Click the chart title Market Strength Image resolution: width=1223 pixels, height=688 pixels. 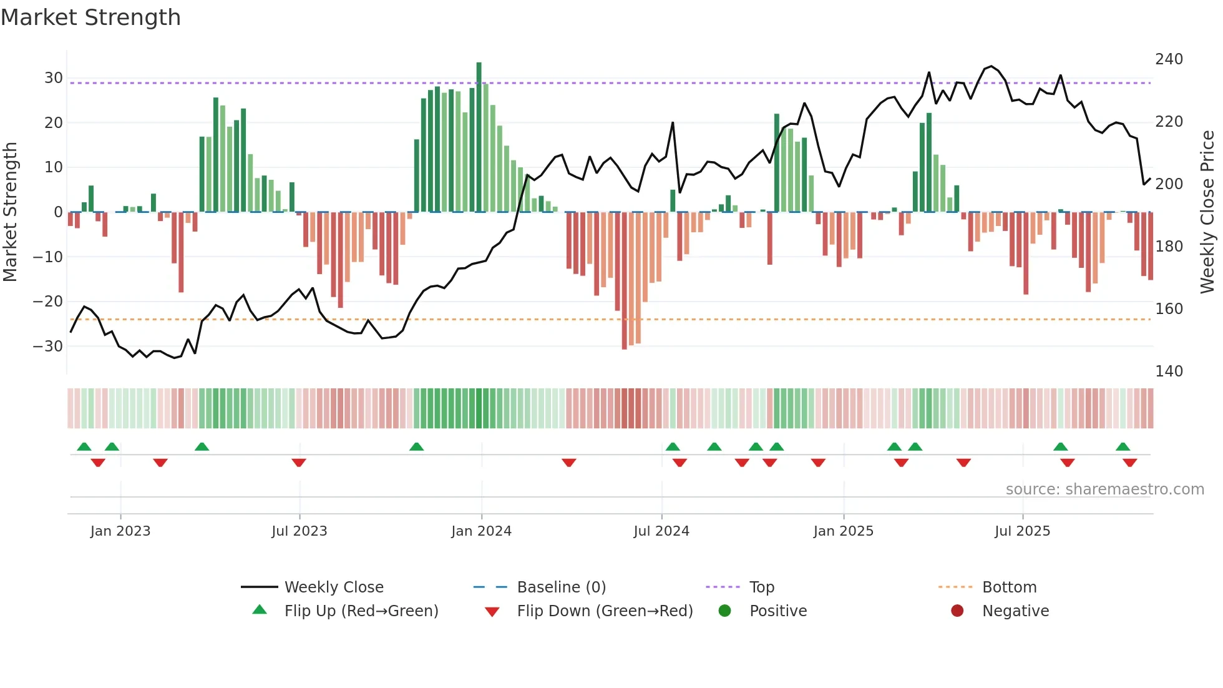(x=91, y=17)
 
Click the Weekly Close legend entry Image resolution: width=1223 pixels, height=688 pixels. (x=333, y=587)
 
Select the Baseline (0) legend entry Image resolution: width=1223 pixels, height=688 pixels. (x=561, y=587)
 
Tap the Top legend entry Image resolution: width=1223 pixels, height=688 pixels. (x=761, y=587)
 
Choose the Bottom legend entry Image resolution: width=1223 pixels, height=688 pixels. (x=1009, y=587)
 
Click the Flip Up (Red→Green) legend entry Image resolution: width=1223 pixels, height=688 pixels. (x=361, y=611)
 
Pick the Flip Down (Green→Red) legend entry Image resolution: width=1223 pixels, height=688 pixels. (x=605, y=611)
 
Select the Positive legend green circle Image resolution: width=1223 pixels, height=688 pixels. (x=724, y=611)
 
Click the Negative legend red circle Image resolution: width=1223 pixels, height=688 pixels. (x=957, y=611)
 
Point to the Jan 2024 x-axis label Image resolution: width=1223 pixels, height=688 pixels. (x=481, y=531)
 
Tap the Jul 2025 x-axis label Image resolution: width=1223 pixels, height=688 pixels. (x=1022, y=531)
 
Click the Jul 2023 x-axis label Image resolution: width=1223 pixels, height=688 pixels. (x=299, y=531)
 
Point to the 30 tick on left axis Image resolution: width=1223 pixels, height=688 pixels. (x=54, y=78)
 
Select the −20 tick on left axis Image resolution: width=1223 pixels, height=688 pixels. (x=48, y=302)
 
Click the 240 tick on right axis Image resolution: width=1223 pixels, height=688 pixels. (x=1169, y=59)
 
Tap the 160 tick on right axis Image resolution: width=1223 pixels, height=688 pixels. (x=1169, y=309)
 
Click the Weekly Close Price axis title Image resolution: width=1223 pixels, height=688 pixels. (x=1207, y=212)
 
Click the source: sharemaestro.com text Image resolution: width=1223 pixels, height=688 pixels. (x=1104, y=489)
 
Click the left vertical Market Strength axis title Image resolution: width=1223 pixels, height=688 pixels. (x=10, y=212)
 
